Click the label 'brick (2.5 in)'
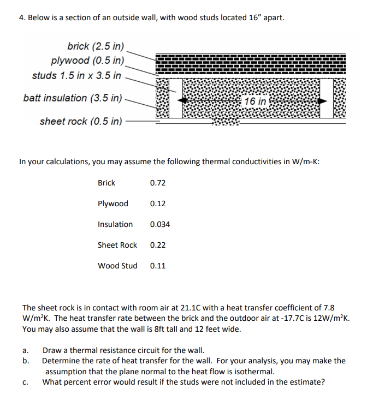click(96, 46)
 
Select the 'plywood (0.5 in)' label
click(87, 60)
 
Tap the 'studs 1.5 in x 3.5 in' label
click(76, 75)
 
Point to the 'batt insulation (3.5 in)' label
click(73, 98)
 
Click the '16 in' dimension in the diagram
click(256, 101)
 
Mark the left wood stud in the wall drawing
click(175, 98)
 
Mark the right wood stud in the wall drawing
click(326, 98)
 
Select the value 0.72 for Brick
click(157, 183)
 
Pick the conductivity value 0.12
click(157, 204)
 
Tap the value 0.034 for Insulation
click(159, 224)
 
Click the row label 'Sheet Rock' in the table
click(117, 245)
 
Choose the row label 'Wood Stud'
click(117, 266)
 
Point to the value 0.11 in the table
click(157, 266)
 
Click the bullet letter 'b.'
click(26, 361)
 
